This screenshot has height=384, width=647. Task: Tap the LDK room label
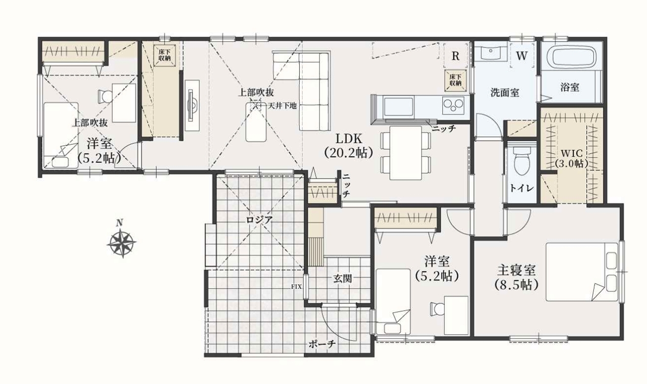tap(349, 139)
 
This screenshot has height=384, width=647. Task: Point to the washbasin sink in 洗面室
tap(491, 53)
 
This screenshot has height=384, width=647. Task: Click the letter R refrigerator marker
tap(455, 56)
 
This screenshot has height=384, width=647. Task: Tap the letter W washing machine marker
tap(522, 56)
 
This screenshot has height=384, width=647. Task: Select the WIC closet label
tap(571, 153)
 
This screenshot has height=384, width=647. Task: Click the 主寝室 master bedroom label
tap(516, 270)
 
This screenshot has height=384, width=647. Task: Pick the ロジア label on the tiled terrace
tap(259, 220)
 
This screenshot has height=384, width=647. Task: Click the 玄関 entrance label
tap(343, 278)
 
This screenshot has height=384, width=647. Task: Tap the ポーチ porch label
tap(322, 344)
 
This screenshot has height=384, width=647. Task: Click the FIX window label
tap(296, 287)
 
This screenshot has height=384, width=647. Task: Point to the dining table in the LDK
tap(406, 153)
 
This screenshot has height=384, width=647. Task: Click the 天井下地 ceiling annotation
tap(283, 106)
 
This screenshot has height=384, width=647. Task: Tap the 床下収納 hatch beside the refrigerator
tap(455, 80)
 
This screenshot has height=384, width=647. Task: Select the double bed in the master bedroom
tap(582, 272)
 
